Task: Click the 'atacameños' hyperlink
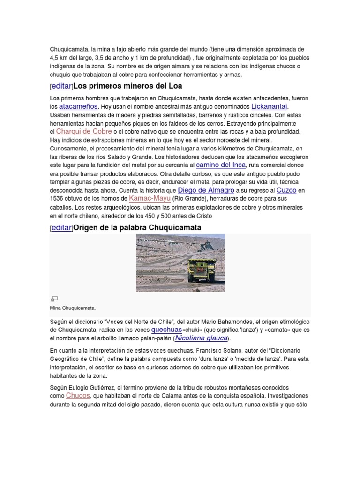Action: [x=78, y=107]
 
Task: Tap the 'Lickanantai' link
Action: [x=269, y=106]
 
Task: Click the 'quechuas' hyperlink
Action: [x=166, y=330]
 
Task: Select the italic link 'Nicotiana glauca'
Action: [x=202, y=338]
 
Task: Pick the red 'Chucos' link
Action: [x=77, y=396]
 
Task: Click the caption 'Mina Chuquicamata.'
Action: [x=72, y=308]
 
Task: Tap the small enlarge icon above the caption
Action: [x=54, y=299]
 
